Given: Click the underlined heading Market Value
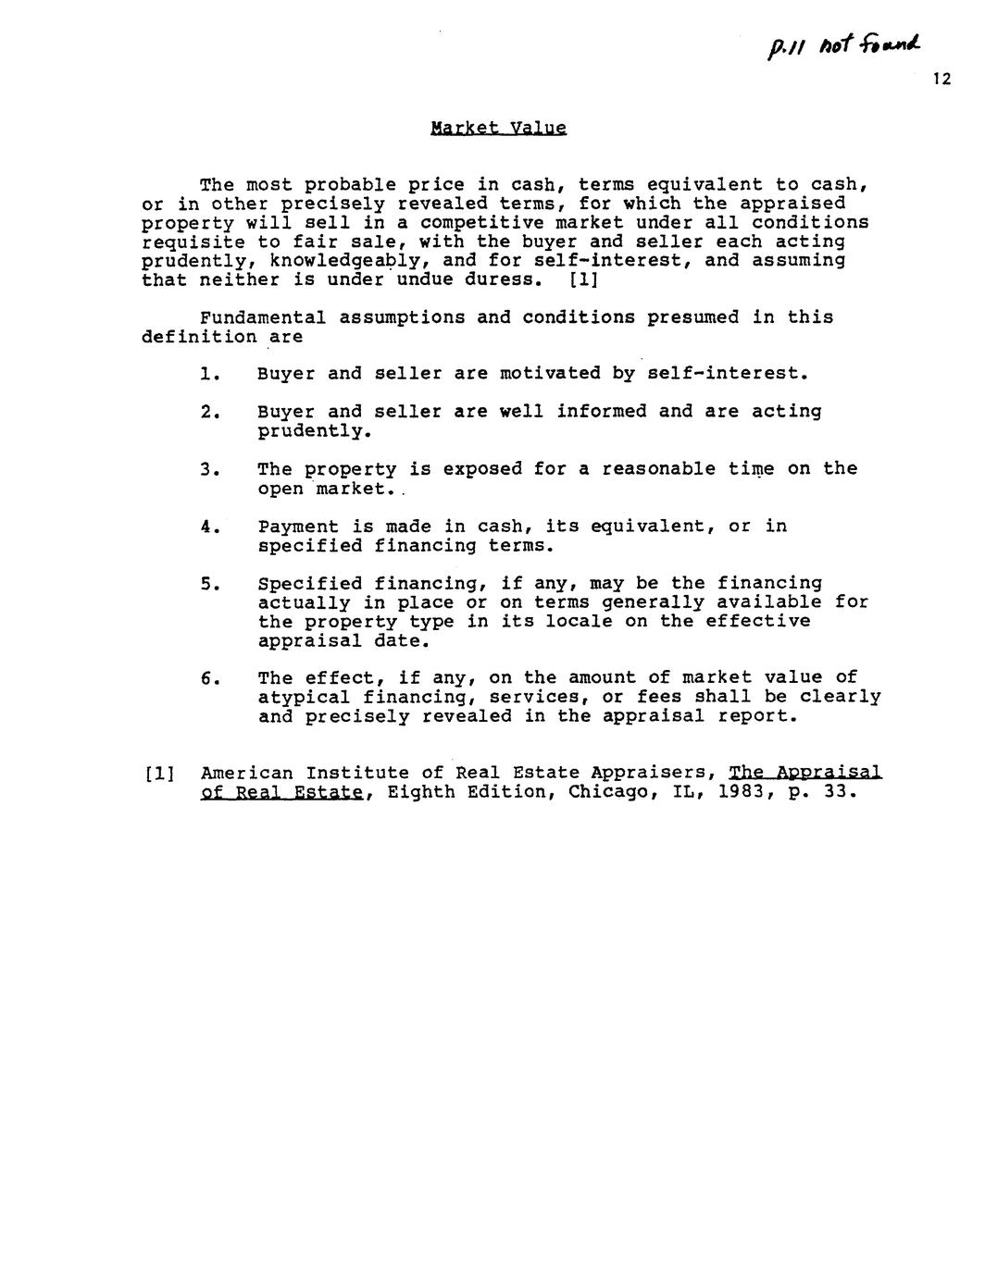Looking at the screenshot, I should (498, 128).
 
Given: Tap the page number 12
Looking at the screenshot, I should (941, 80).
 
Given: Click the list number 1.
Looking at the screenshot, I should (208, 374).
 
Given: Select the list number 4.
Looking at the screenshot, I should (208, 527).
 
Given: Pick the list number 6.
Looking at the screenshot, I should (208, 678).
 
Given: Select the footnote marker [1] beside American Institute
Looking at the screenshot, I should (160, 774).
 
